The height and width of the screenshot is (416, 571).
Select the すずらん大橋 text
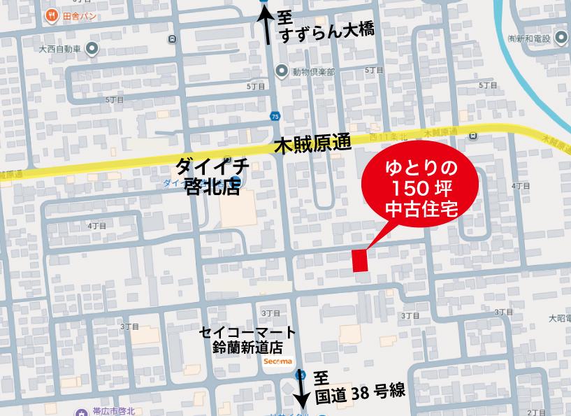[326, 31]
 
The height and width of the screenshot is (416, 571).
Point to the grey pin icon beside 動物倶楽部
[282, 71]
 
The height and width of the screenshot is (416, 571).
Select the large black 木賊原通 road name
[311, 145]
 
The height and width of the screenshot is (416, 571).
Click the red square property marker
[359, 260]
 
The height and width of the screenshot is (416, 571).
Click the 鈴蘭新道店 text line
[247, 347]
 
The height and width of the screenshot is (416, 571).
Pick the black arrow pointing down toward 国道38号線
[302, 389]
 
